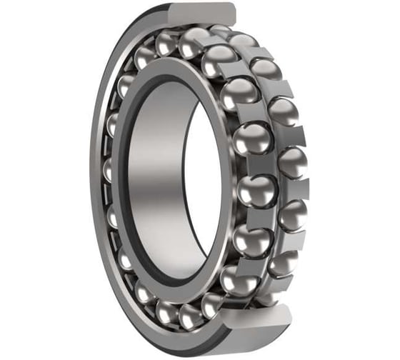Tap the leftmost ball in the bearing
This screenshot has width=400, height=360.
tap(110, 171)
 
